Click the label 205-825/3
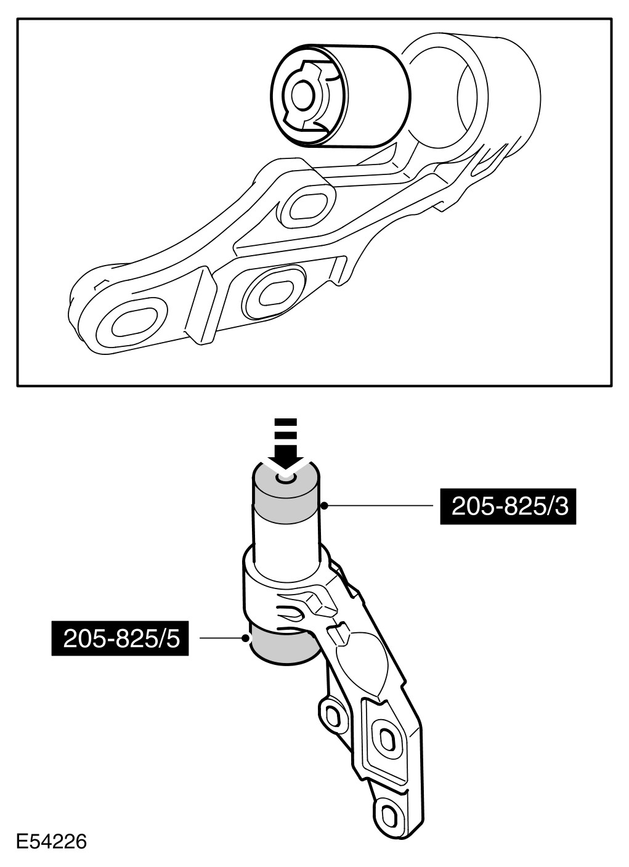(x=508, y=507)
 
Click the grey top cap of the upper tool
(x=286, y=494)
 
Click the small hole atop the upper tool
(x=285, y=478)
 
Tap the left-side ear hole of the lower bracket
(x=331, y=715)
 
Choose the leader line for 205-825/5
(x=222, y=638)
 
